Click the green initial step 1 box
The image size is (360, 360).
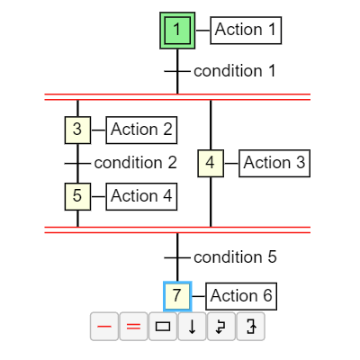pos(177,31)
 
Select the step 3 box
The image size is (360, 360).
pos(77,130)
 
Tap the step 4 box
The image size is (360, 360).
pos(211,163)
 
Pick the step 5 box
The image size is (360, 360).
pos(77,196)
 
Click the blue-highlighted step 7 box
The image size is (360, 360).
pos(177,296)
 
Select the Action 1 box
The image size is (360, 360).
pos(246,31)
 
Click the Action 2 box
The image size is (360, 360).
pos(141,130)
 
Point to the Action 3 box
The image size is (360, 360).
pos(274,163)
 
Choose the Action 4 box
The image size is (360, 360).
pos(141,196)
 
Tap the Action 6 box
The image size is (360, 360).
pos(241,296)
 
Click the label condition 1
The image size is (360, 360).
pos(235,71)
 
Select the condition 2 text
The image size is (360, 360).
pos(135,163)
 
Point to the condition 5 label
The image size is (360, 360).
pos(235,257)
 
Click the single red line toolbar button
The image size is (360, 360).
pos(104,327)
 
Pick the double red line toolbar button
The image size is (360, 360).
pos(133,327)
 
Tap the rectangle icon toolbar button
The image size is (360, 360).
pos(163,327)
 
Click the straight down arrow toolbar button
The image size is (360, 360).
pos(192,327)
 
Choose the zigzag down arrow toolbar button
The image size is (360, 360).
pos(221,327)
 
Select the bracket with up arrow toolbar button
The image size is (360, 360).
pos(251,327)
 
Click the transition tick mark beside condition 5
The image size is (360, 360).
pos(177,257)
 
